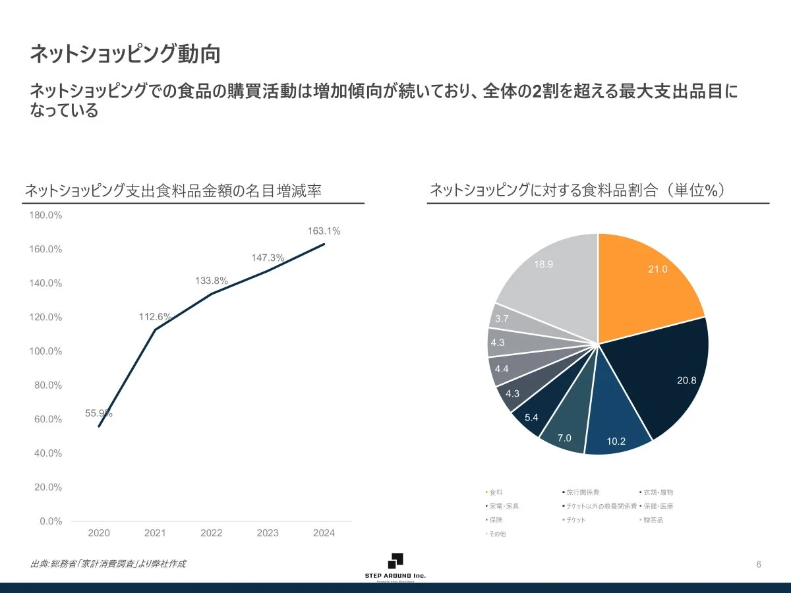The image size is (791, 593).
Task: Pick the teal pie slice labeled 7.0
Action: coord(566,428)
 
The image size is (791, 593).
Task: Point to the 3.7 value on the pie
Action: coord(502,318)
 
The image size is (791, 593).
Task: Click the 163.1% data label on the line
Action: coord(324,231)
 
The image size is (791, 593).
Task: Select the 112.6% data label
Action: coord(155,317)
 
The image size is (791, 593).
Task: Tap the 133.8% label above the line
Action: coord(212,281)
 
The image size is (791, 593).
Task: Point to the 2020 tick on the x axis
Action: coord(99,533)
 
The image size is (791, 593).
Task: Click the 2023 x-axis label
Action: coord(268,533)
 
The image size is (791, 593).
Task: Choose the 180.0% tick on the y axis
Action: coord(45,215)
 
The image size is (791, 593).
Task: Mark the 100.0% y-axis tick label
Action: coord(45,351)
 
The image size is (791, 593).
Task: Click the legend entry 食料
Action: coord(495,492)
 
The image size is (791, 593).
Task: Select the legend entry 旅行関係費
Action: coord(581,492)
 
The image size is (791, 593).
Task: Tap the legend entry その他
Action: coord(496,534)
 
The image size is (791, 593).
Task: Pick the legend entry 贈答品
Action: coord(653,520)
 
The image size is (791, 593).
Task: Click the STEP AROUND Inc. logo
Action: coord(395,566)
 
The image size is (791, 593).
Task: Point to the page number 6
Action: coord(759,565)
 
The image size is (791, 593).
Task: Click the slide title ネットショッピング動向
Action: coord(125,55)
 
